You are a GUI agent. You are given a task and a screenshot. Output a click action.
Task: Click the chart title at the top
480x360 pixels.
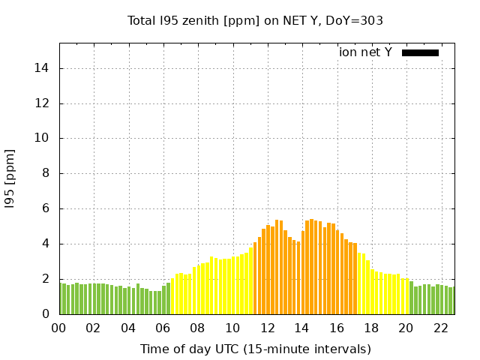pos(255,21)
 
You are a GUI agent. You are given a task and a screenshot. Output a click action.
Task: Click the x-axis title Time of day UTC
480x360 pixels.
pos(255,349)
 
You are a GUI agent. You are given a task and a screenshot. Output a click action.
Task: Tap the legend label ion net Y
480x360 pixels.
pos(365,52)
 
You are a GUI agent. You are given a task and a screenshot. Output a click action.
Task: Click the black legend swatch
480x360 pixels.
pos(420,52)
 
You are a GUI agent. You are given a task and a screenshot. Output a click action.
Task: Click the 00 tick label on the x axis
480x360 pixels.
pos(58,328)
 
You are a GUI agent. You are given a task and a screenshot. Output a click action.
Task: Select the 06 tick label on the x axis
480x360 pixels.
pos(163,328)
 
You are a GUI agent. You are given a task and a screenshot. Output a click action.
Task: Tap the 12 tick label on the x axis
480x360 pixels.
pos(267,328)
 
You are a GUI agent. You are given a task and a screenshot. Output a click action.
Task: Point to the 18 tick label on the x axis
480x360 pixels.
pos(371,328)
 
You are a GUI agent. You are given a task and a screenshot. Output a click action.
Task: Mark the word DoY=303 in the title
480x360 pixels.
pos(357,21)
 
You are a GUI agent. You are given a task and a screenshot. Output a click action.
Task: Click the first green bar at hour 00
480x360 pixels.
pos(63,298)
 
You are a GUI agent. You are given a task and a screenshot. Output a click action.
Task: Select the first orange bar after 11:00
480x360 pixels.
pos(255,278)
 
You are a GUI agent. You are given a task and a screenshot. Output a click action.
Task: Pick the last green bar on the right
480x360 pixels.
pos(451,301)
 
